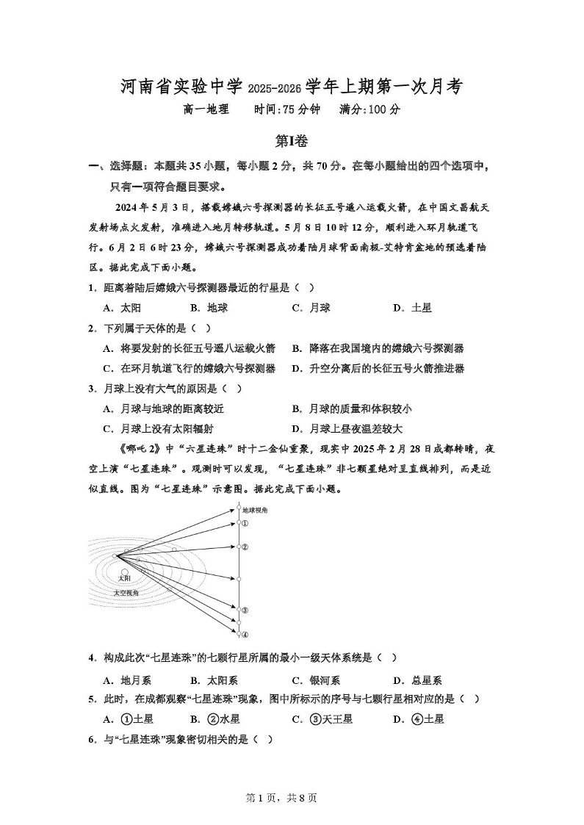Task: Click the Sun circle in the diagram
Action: (125, 572)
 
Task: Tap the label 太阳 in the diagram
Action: (125, 580)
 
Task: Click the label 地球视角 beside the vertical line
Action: (255, 509)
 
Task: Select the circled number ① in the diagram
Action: (245, 524)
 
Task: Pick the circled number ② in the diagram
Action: (245, 547)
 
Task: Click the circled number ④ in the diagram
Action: (245, 635)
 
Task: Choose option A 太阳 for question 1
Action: (121, 308)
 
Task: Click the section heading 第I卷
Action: (292, 140)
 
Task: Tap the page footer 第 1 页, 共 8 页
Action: (292, 797)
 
